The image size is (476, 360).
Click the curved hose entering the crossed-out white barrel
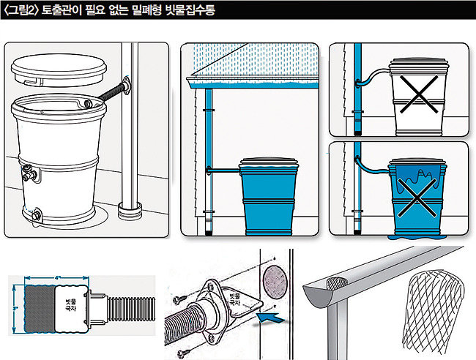click(373, 73)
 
